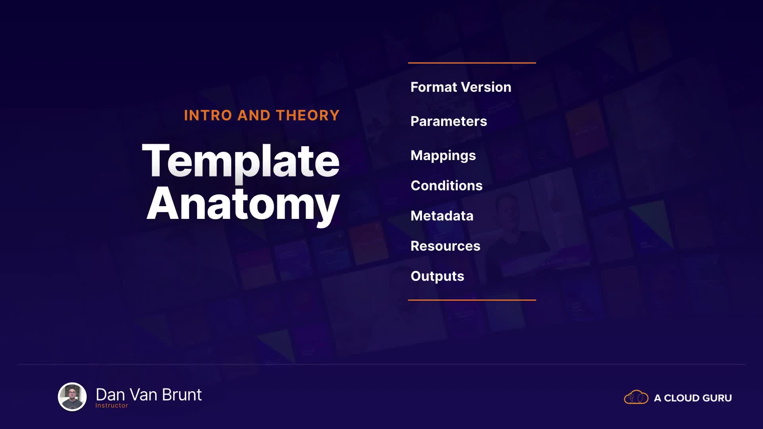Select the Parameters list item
(x=449, y=121)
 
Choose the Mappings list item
(x=443, y=156)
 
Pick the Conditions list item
(x=447, y=186)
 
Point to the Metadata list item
(x=442, y=216)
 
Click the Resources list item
(x=445, y=246)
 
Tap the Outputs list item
(x=438, y=276)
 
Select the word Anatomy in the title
(x=243, y=205)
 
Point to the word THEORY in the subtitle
(x=308, y=115)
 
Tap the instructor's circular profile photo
(x=72, y=396)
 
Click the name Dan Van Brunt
(x=149, y=394)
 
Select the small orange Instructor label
(x=112, y=406)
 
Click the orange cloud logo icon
(x=636, y=397)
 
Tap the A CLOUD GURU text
(x=693, y=398)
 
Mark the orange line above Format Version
(x=472, y=63)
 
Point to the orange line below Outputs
(x=472, y=300)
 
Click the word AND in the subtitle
(x=254, y=115)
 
